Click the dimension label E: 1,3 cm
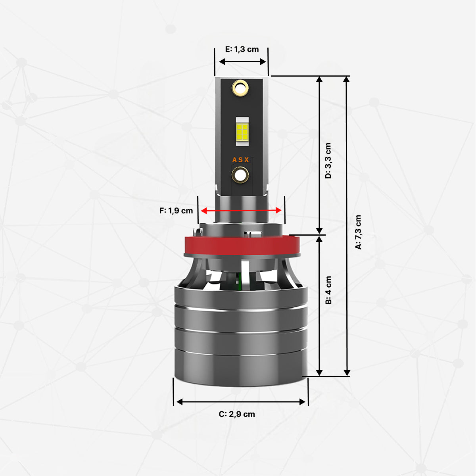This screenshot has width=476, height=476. tap(242, 50)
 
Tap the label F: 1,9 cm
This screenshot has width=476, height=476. tap(176, 211)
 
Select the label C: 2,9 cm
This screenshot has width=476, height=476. tap(237, 414)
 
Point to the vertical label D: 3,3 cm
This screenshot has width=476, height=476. tap(328, 161)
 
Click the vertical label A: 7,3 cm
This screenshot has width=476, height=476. tap(358, 232)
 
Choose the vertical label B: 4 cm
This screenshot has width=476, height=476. tap(328, 290)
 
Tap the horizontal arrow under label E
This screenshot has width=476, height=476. tap(242, 61)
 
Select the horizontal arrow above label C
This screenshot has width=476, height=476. tap(241, 402)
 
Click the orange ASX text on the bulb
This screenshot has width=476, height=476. tap(241, 160)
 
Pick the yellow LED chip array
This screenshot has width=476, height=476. tap(242, 131)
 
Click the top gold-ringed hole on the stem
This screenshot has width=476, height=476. tap(240, 88)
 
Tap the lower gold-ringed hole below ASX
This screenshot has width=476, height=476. tap(240, 175)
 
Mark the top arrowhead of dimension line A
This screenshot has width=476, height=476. tap(346, 79)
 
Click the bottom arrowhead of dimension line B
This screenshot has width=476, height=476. tap(320, 372)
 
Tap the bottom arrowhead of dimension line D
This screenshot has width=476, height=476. tap(320, 230)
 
